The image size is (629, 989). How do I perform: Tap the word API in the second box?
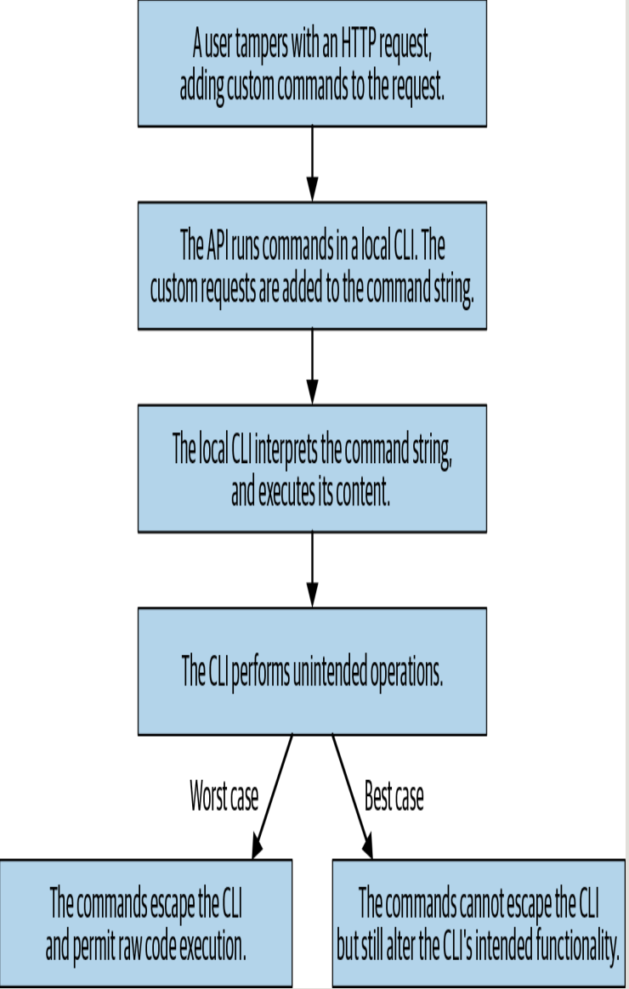(217, 246)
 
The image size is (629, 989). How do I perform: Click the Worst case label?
(224, 798)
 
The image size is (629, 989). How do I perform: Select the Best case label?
(394, 798)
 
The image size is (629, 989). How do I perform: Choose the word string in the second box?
(450, 291)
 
